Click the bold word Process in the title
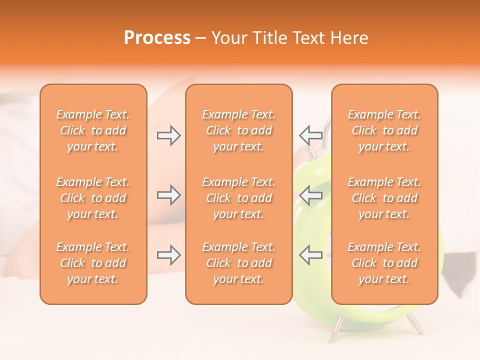tap(157, 38)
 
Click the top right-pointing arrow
tap(169, 135)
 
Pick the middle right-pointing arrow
tap(169, 195)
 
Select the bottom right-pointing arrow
tap(169, 255)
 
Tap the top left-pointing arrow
tap(310, 135)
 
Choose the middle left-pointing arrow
tap(310, 195)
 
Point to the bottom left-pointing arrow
tap(310, 255)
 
